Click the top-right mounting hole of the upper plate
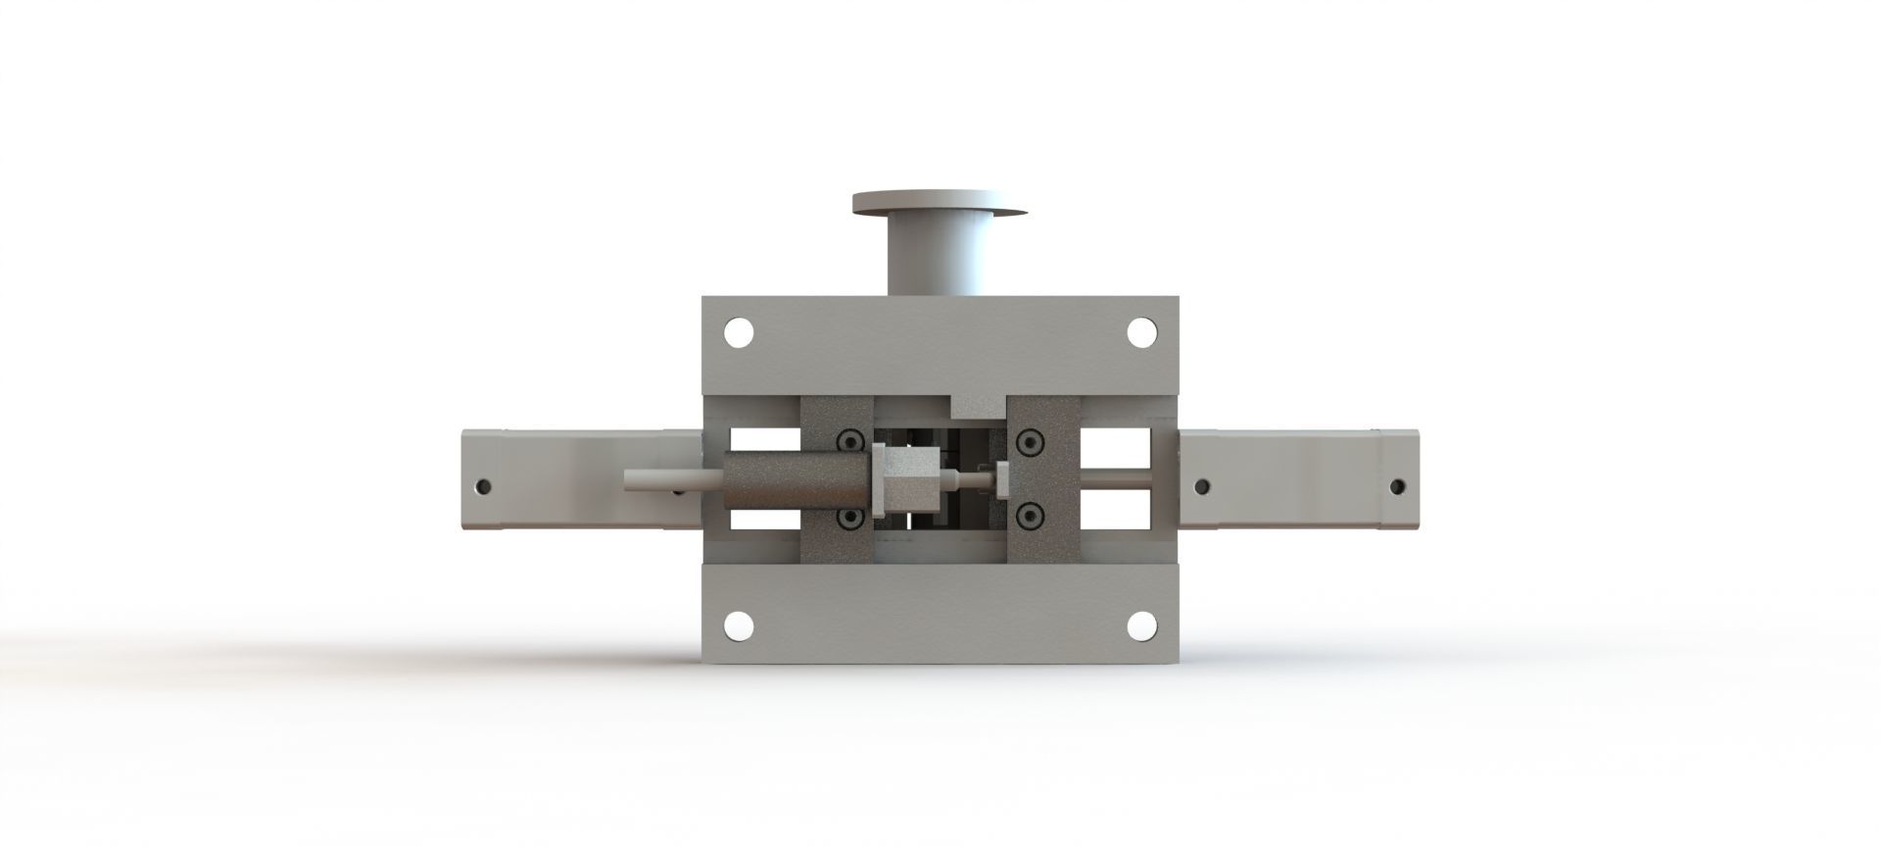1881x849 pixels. click(1140, 332)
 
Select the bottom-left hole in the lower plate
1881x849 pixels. click(738, 625)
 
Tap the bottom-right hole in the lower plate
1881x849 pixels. click(1140, 625)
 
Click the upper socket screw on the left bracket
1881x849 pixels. click(848, 442)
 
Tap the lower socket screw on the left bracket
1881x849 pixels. click(848, 521)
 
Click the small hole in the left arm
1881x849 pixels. click(483, 485)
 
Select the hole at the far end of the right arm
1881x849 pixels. click(1397, 485)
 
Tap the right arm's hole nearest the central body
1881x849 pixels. click(1202, 485)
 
